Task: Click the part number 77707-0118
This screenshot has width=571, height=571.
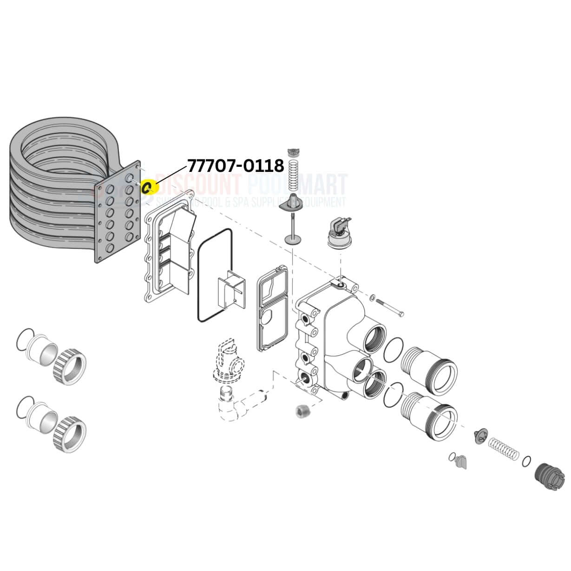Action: [235, 165]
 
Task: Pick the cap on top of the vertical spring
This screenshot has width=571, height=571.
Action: [293, 151]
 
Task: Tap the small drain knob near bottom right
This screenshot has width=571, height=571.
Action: [461, 461]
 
